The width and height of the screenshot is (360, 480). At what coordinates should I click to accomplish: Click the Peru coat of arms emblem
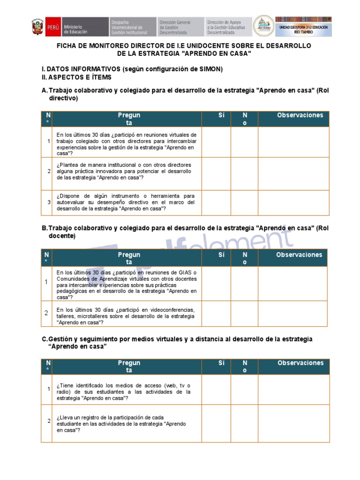pos(37,27)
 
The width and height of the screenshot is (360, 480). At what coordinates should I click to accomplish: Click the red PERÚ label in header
pos(52,27)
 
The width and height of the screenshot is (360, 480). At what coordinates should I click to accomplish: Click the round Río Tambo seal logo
pos(264,26)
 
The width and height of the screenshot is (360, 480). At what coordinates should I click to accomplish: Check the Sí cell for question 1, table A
pos(216,142)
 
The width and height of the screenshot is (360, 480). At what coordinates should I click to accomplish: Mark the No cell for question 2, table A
pos(244,173)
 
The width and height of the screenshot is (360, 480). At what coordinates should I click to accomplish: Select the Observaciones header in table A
pos(300,115)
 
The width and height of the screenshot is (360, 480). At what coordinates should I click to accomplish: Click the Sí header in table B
pos(221,255)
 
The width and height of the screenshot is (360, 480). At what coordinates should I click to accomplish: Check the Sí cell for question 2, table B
pos(216,314)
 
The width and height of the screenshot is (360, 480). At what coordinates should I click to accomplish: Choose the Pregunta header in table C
pos(128,367)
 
